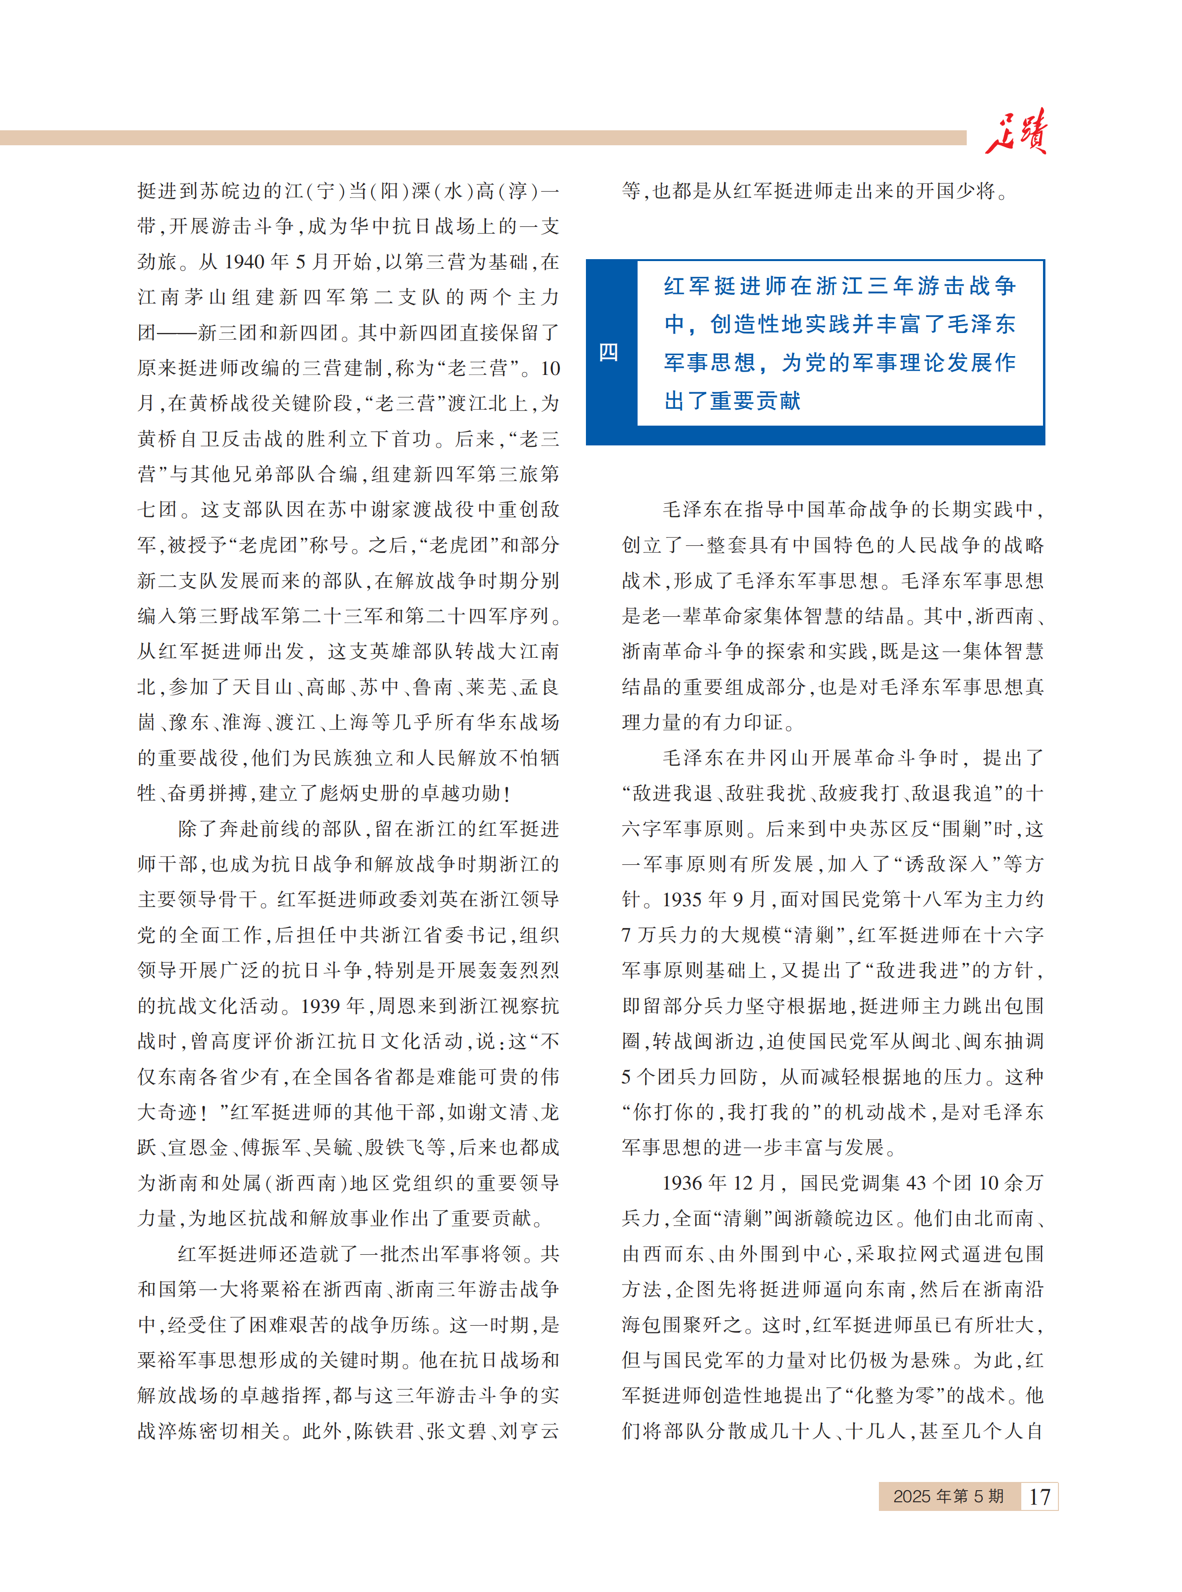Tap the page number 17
tap(1039, 1496)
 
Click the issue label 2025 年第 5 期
tap(948, 1496)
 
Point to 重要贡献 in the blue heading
tap(755, 401)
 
